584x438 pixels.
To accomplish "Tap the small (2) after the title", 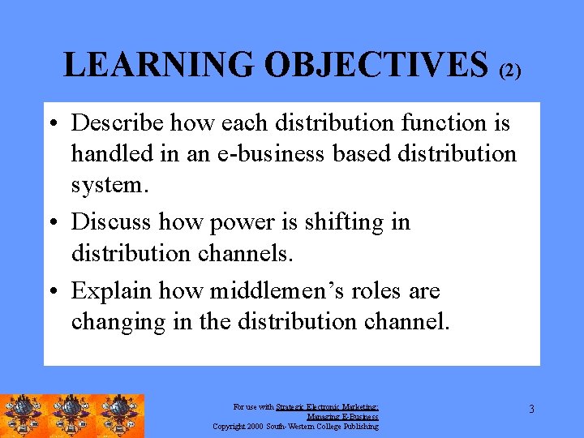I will pos(509,71).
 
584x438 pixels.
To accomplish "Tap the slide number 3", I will pos(531,409).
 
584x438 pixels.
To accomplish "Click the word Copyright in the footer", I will pos(230,427).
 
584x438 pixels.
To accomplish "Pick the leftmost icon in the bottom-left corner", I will pos(24,416).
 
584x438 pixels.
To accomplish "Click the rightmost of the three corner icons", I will pos(120,416).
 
